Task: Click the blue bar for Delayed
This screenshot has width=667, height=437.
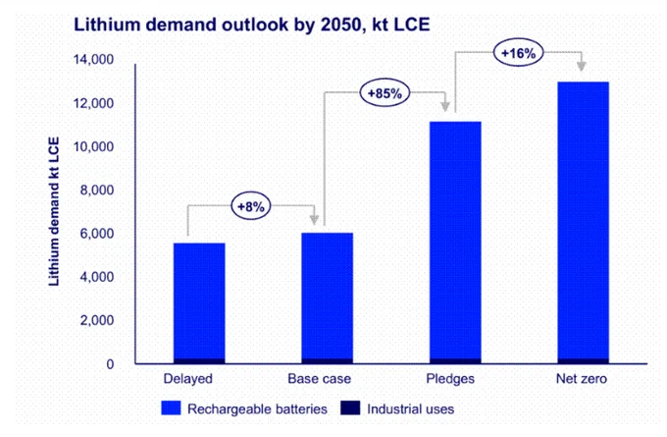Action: coord(199,300)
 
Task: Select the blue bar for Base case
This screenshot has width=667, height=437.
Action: coord(327,296)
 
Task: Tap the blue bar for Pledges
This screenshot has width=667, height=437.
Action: coord(455,241)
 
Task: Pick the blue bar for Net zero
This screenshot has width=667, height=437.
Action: coord(584,220)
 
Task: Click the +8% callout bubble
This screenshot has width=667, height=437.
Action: coord(251,206)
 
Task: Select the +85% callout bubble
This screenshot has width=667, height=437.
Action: coord(385,93)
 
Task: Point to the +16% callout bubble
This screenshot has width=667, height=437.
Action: coord(518,53)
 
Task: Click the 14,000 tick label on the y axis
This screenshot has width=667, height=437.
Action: coord(93,59)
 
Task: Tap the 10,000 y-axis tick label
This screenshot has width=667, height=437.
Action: coord(93,146)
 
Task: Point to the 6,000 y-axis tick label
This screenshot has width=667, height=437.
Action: coord(97,234)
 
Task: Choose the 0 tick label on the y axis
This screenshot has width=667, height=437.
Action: coord(110,364)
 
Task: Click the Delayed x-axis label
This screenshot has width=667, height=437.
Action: coord(188,379)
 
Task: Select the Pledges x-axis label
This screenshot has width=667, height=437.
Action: coord(450,379)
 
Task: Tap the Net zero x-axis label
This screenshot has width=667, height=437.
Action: coord(582,379)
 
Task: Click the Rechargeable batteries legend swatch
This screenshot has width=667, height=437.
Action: coord(171,409)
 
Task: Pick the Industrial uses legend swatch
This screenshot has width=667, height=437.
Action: coord(350,409)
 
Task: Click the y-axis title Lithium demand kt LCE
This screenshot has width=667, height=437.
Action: coord(54,211)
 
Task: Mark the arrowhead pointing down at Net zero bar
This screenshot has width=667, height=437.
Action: coord(582,66)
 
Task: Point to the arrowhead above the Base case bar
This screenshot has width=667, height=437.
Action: coord(314,219)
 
